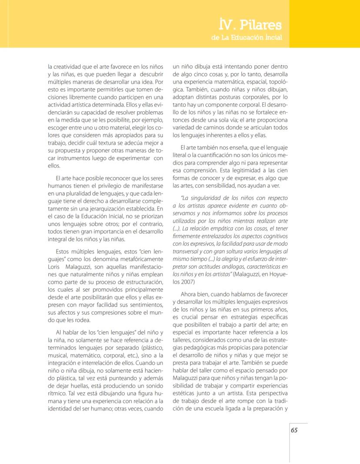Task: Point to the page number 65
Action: click(294, 430)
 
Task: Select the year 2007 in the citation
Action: click(180, 282)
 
